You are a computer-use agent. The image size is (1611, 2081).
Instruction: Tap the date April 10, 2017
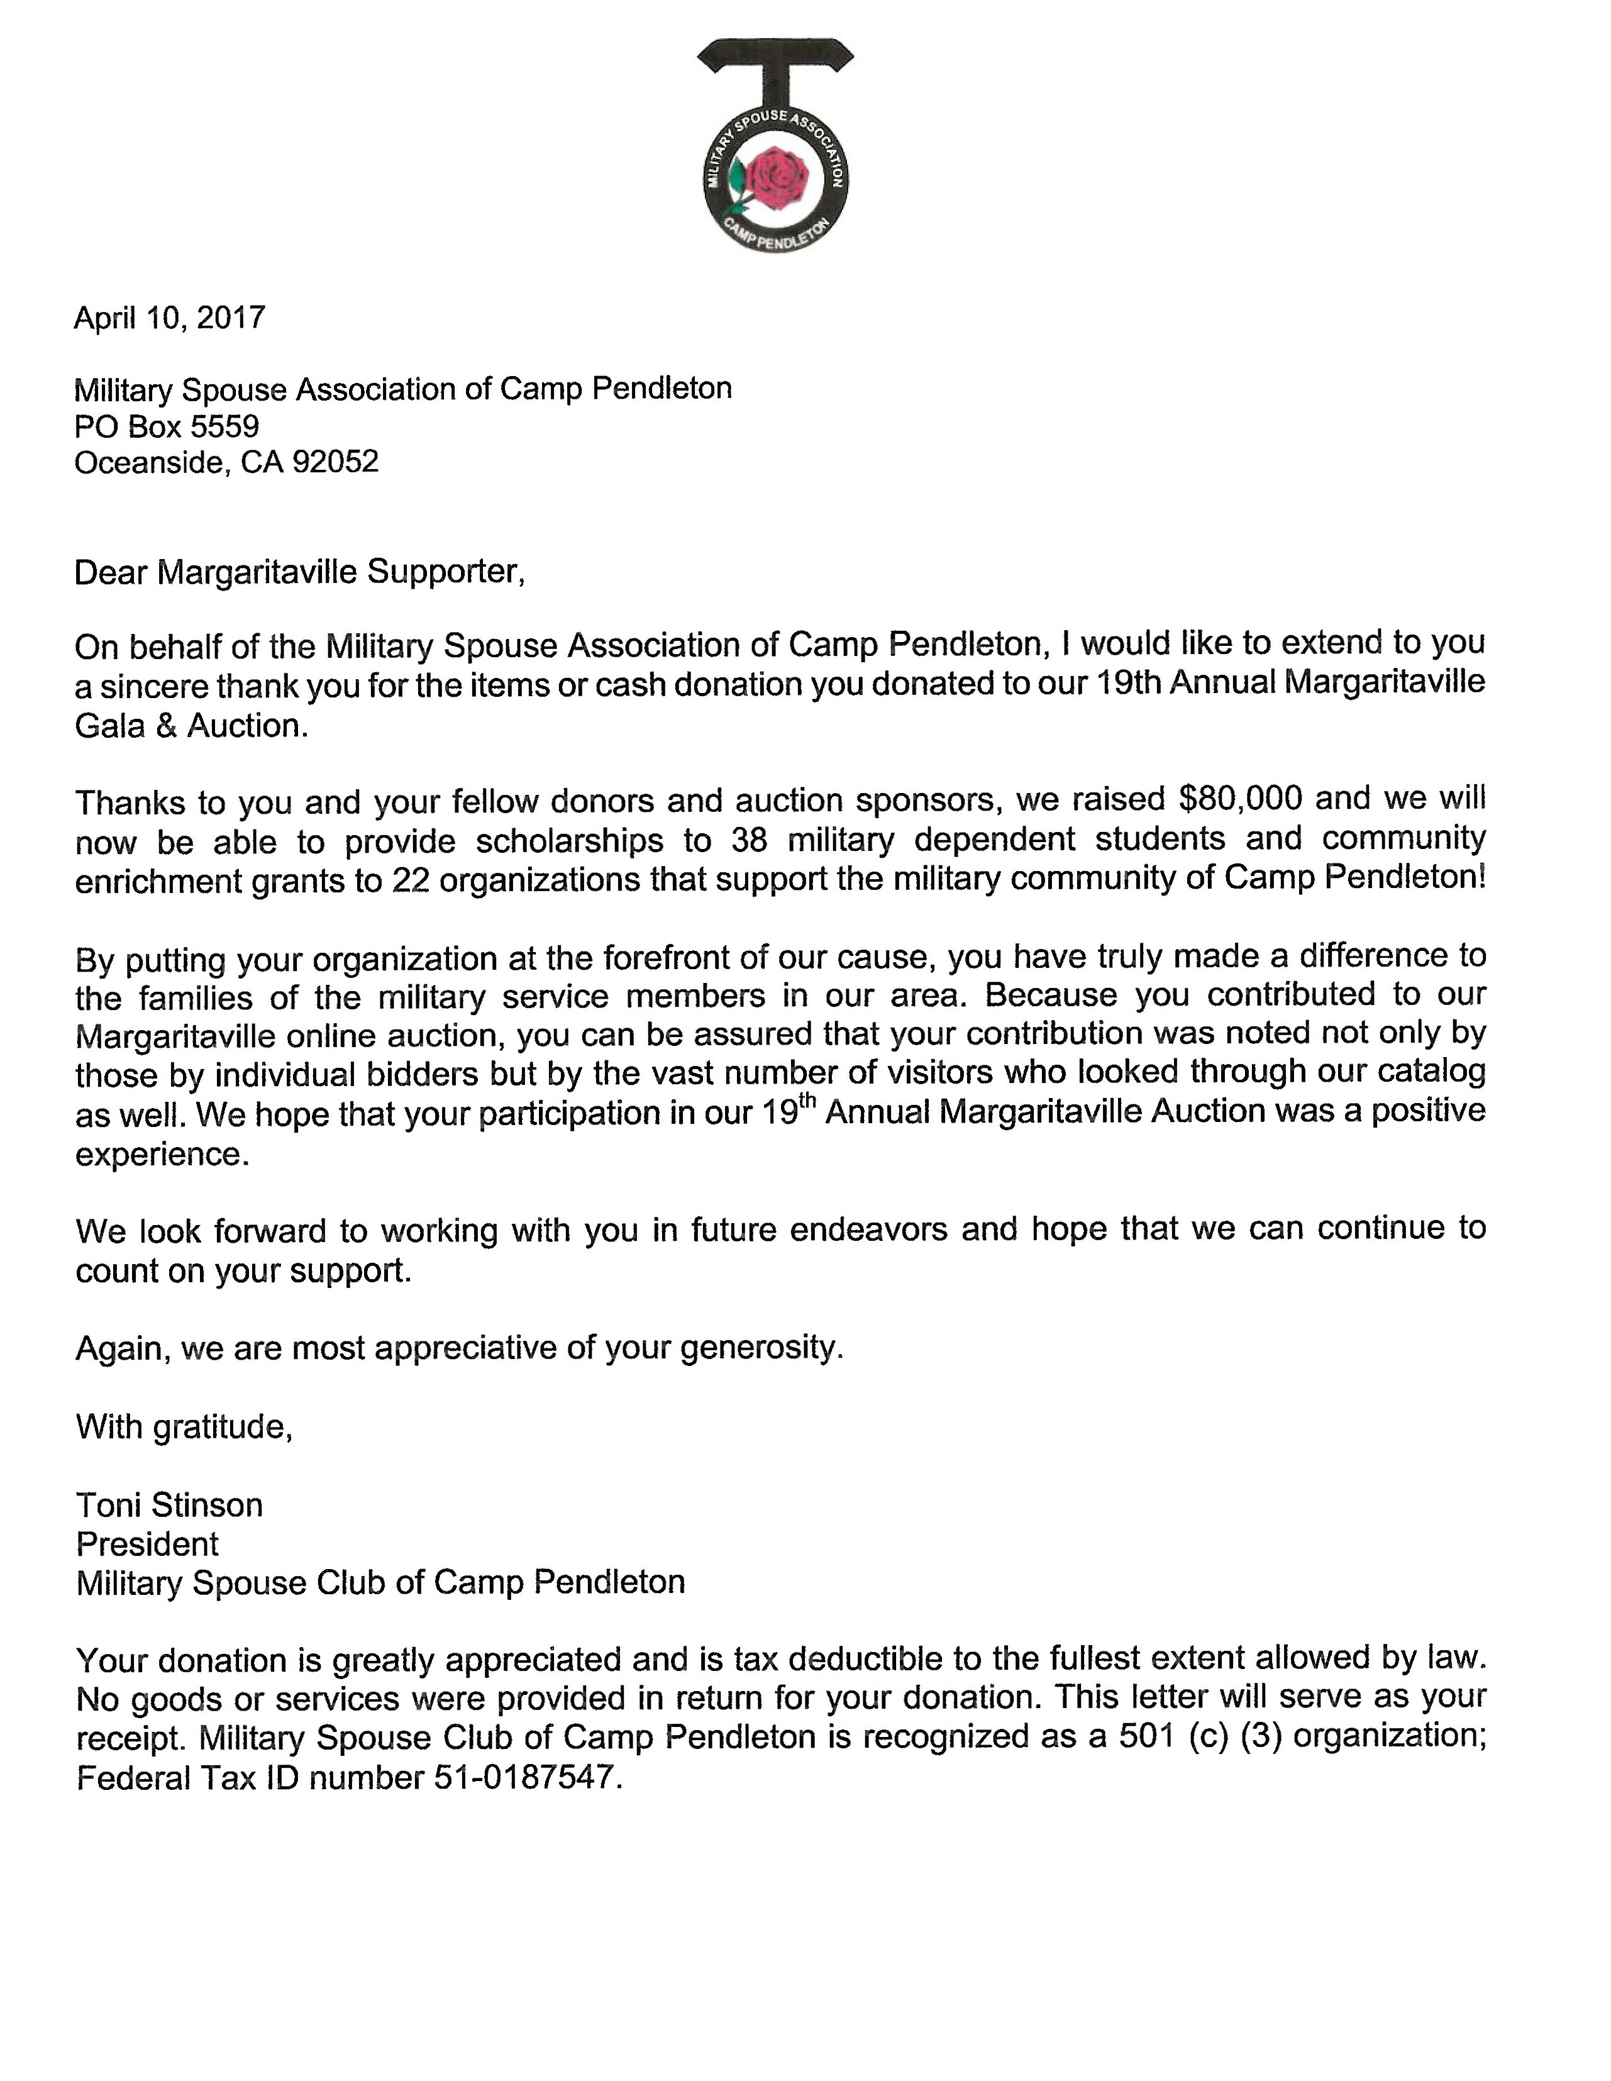click(x=170, y=318)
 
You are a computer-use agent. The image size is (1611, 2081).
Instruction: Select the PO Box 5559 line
click(x=167, y=425)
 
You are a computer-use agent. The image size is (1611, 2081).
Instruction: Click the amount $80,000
click(x=1239, y=797)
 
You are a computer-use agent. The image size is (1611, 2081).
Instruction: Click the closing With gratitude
click(x=184, y=1426)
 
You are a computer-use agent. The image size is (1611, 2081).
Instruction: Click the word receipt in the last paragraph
click(x=129, y=1739)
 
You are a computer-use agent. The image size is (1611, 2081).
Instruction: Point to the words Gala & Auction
click(x=192, y=726)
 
